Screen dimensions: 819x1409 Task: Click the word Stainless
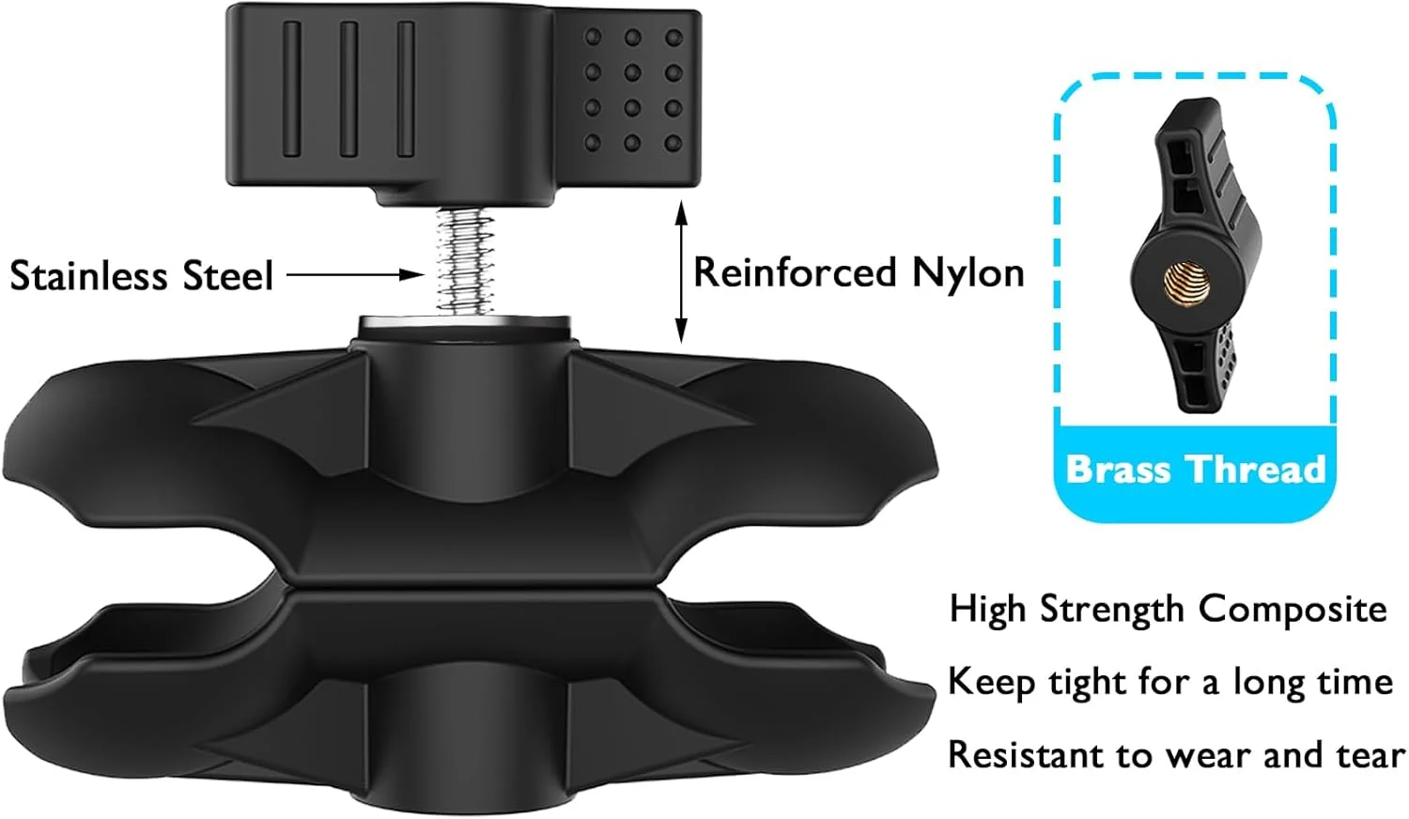click(90, 276)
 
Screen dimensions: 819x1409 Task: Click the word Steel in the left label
click(227, 276)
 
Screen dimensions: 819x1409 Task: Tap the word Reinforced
click(794, 273)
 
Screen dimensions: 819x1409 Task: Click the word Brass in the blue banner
click(1118, 469)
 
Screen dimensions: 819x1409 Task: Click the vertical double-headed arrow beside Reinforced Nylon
click(682, 272)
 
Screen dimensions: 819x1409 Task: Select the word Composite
click(1293, 610)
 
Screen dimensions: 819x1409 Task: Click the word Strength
click(1112, 610)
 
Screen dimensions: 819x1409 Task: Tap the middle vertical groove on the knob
click(348, 89)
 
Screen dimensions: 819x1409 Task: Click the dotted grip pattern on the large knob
click(632, 90)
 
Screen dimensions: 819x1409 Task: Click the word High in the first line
click(987, 610)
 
